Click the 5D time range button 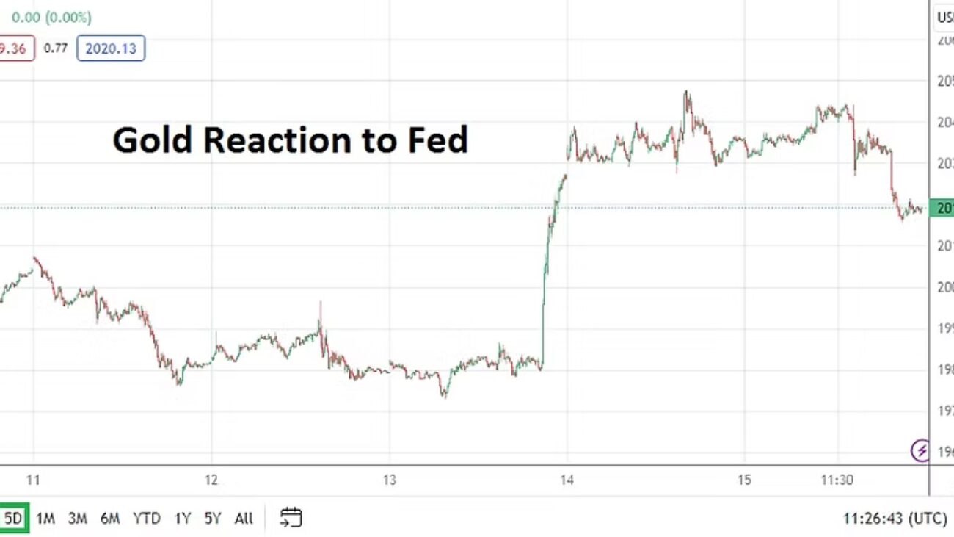tap(14, 519)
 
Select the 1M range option tap(45, 519)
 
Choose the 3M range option tap(78, 519)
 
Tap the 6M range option tap(110, 519)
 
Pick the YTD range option tap(147, 519)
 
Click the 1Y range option tap(183, 519)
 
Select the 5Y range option tap(213, 519)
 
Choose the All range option tap(244, 519)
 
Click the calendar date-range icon tap(291, 518)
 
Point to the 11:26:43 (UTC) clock tap(895, 519)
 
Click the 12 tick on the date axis tap(211, 480)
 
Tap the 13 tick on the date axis tap(389, 480)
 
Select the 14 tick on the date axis tap(567, 480)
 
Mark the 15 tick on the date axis tap(744, 480)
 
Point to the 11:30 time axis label tap(837, 480)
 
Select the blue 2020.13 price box tap(111, 48)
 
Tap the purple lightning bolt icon tap(920, 450)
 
